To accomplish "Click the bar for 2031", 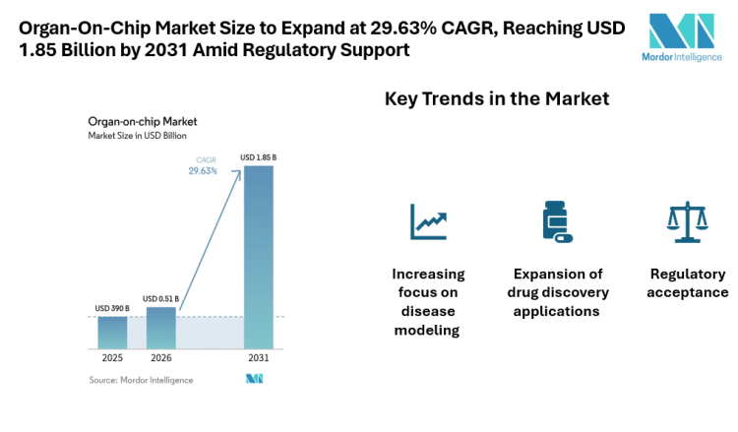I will click(259, 256).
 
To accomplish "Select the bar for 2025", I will click(112, 332).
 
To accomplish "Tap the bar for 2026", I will click(161, 327).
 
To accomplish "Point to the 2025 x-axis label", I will click(112, 358).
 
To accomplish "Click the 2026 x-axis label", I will click(161, 358).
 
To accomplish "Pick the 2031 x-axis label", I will click(259, 358).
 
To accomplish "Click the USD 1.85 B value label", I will click(259, 157).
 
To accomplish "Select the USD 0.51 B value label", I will click(161, 299).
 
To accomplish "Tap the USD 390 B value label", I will click(112, 309).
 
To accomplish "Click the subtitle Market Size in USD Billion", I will click(138, 135).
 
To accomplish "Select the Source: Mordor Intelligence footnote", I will click(141, 380).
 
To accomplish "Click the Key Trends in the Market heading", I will click(496, 99).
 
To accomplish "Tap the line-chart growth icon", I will click(428, 221).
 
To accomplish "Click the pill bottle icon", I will click(557, 221).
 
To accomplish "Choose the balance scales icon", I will click(688, 222).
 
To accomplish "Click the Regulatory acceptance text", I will click(688, 283).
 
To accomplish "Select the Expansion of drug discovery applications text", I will click(558, 292).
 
